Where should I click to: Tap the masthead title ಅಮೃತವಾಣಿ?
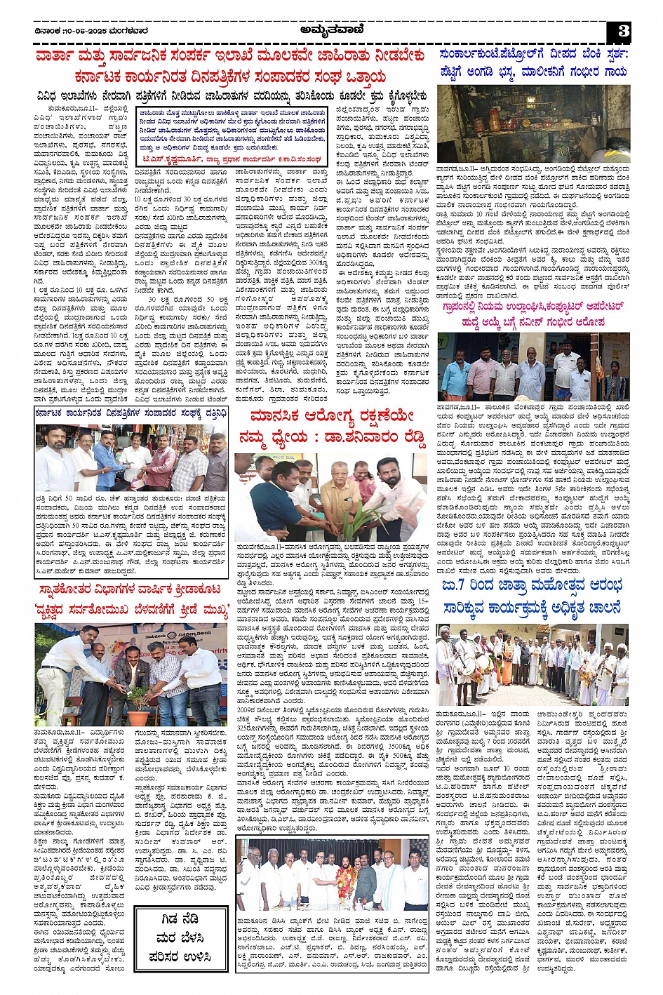point(332,30)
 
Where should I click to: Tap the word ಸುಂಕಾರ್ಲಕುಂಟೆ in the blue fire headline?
point(478,53)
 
